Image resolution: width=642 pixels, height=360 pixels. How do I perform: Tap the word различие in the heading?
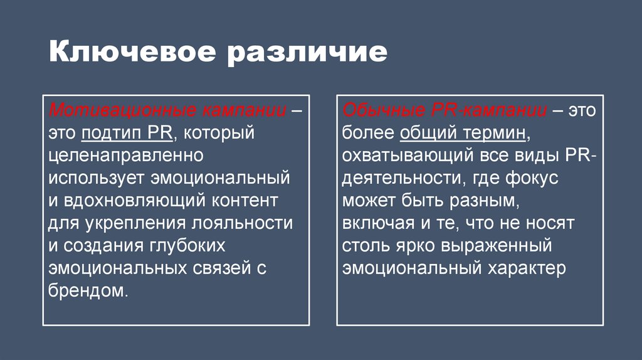click(306, 53)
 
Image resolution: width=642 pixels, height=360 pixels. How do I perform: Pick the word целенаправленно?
click(125, 156)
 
